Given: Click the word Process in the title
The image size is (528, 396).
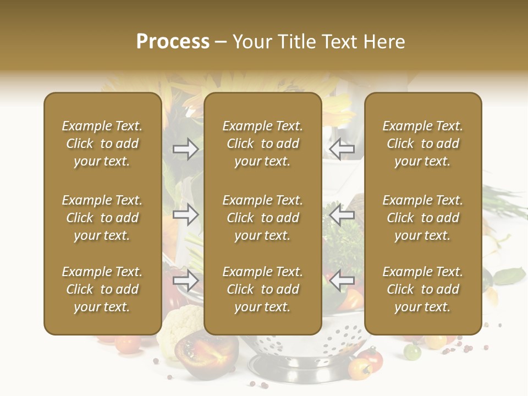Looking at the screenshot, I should tap(173, 42).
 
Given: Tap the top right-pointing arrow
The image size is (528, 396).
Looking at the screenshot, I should tap(186, 149).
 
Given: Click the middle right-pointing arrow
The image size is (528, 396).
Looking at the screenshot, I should tap(186, 215).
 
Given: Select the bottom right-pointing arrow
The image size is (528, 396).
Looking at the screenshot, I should tap(186, 281).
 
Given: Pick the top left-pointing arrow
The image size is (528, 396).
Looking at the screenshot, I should tap(342, 148).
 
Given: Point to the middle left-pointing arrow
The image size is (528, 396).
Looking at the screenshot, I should tap(342, 215).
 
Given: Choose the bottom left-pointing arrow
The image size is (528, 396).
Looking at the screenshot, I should tap(342, 280).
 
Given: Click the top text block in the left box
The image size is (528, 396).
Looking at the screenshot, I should tap(102, 144).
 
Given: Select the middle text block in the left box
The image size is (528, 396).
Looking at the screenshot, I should tap(102, 218).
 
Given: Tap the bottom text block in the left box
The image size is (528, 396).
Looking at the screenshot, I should tap(102, 289).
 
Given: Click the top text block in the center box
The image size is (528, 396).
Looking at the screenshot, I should tap(263, 144).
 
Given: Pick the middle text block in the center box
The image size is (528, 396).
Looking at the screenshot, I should tap(263, 218).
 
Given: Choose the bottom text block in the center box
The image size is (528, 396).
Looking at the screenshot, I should tap(263, 289).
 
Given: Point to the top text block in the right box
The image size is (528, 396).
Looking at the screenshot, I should tap(423, 144).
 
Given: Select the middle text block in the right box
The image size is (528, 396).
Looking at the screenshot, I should tap(423, 218).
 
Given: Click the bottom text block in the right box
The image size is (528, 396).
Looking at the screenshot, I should tap(423, 289).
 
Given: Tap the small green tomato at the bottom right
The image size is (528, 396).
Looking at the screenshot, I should tap(413, 350).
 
